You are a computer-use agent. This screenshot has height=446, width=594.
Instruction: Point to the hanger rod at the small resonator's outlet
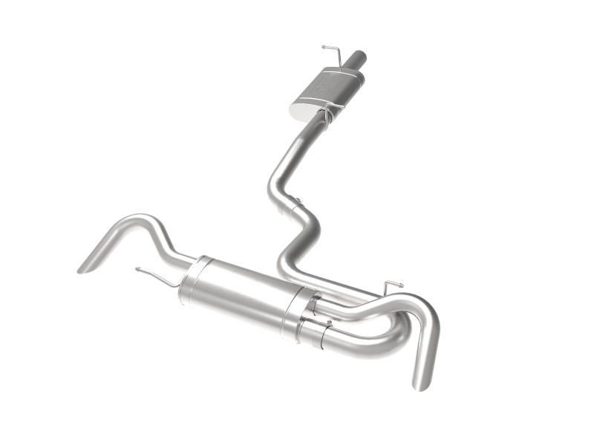[327, 116]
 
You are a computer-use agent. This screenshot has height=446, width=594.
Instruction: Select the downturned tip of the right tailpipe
[422, 379]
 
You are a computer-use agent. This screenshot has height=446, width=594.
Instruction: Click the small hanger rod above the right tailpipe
[392, 285]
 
